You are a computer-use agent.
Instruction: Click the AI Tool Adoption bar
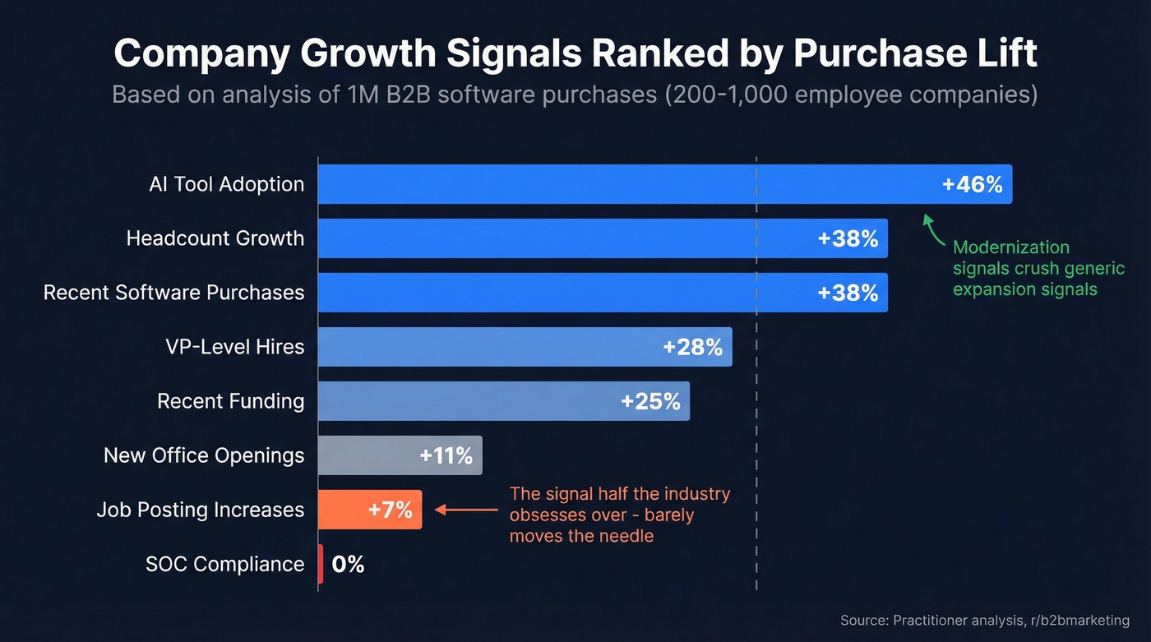(625, 184)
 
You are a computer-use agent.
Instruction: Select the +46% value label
(972, 184)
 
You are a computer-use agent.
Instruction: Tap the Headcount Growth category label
(215, 238)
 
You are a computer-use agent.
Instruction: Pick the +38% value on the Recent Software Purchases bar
(848, 293)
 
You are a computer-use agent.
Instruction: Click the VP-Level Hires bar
(493, 347)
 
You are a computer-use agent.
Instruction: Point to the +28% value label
(692, 347)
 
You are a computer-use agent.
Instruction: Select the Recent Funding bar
(469, 401)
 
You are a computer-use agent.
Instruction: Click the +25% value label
(650, 401)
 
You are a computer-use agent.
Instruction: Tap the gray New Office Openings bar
(370, 455)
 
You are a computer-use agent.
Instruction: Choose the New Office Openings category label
(204, 455)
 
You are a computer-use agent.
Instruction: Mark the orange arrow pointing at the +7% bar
(465, 510)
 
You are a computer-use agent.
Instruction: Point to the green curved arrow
(933, 230)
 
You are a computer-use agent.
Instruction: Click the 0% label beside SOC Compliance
(348, 565)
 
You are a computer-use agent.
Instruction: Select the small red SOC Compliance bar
(321, 565)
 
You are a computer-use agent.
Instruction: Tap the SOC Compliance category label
(224, 565)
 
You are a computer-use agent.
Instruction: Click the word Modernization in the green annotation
(1011, 247)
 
